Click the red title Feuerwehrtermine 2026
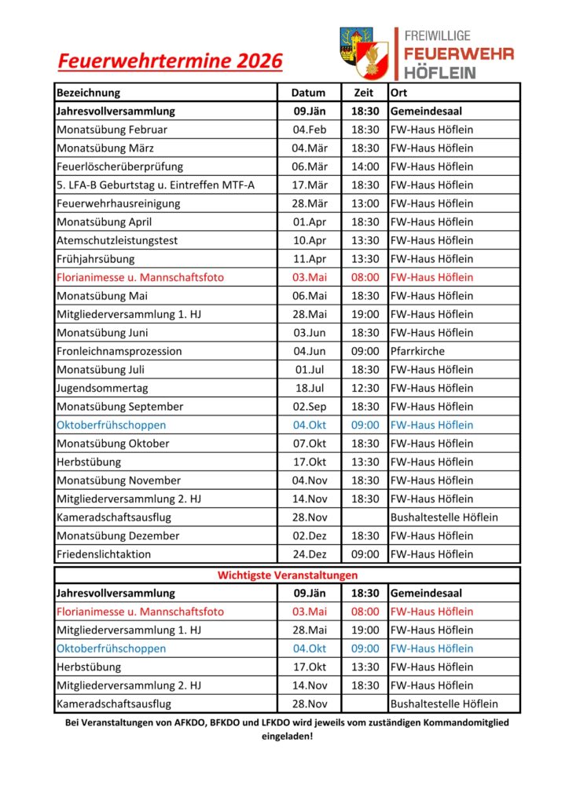point(170,61)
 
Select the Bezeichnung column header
point(88,93)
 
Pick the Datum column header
point(309,93)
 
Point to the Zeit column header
point(365,93)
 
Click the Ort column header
point(399,93)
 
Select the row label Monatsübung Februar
point(112,130)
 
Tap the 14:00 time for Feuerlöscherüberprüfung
point(365,166)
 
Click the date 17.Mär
point(309,185)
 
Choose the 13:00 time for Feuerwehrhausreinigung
point(365,203)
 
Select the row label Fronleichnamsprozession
point(119,351)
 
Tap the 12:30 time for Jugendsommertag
point(365,388)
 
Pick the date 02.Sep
point(309,407)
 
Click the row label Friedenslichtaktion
point(104,554)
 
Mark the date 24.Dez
point(309,554)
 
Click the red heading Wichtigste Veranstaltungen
point(287,576)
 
